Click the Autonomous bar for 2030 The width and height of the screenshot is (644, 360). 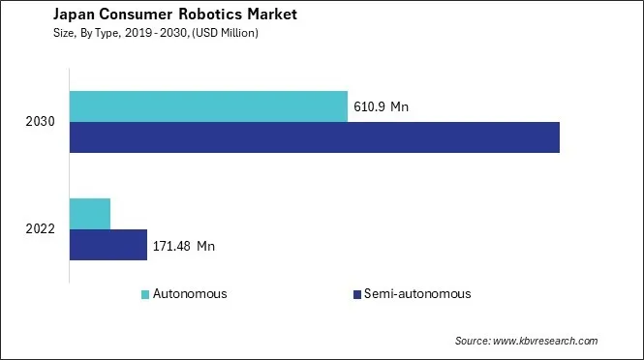pos(208,106)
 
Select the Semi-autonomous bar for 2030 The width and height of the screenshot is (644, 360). pos(315,137)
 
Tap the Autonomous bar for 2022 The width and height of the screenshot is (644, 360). pos(90,213)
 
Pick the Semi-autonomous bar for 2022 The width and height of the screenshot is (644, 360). pos(108,245)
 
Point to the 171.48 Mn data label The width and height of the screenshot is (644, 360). pos(184,246)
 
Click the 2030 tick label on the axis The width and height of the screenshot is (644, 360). pos(42,122)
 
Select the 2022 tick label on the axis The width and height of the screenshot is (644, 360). pos(42,229)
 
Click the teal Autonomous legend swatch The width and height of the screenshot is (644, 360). pos(145,293)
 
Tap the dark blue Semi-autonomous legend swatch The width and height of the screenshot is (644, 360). pos(356,293)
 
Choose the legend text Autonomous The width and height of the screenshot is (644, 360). pos(191,293)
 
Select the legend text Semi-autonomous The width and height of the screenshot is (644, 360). pos(417,293)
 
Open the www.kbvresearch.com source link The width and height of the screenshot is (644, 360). pos(547,341)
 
